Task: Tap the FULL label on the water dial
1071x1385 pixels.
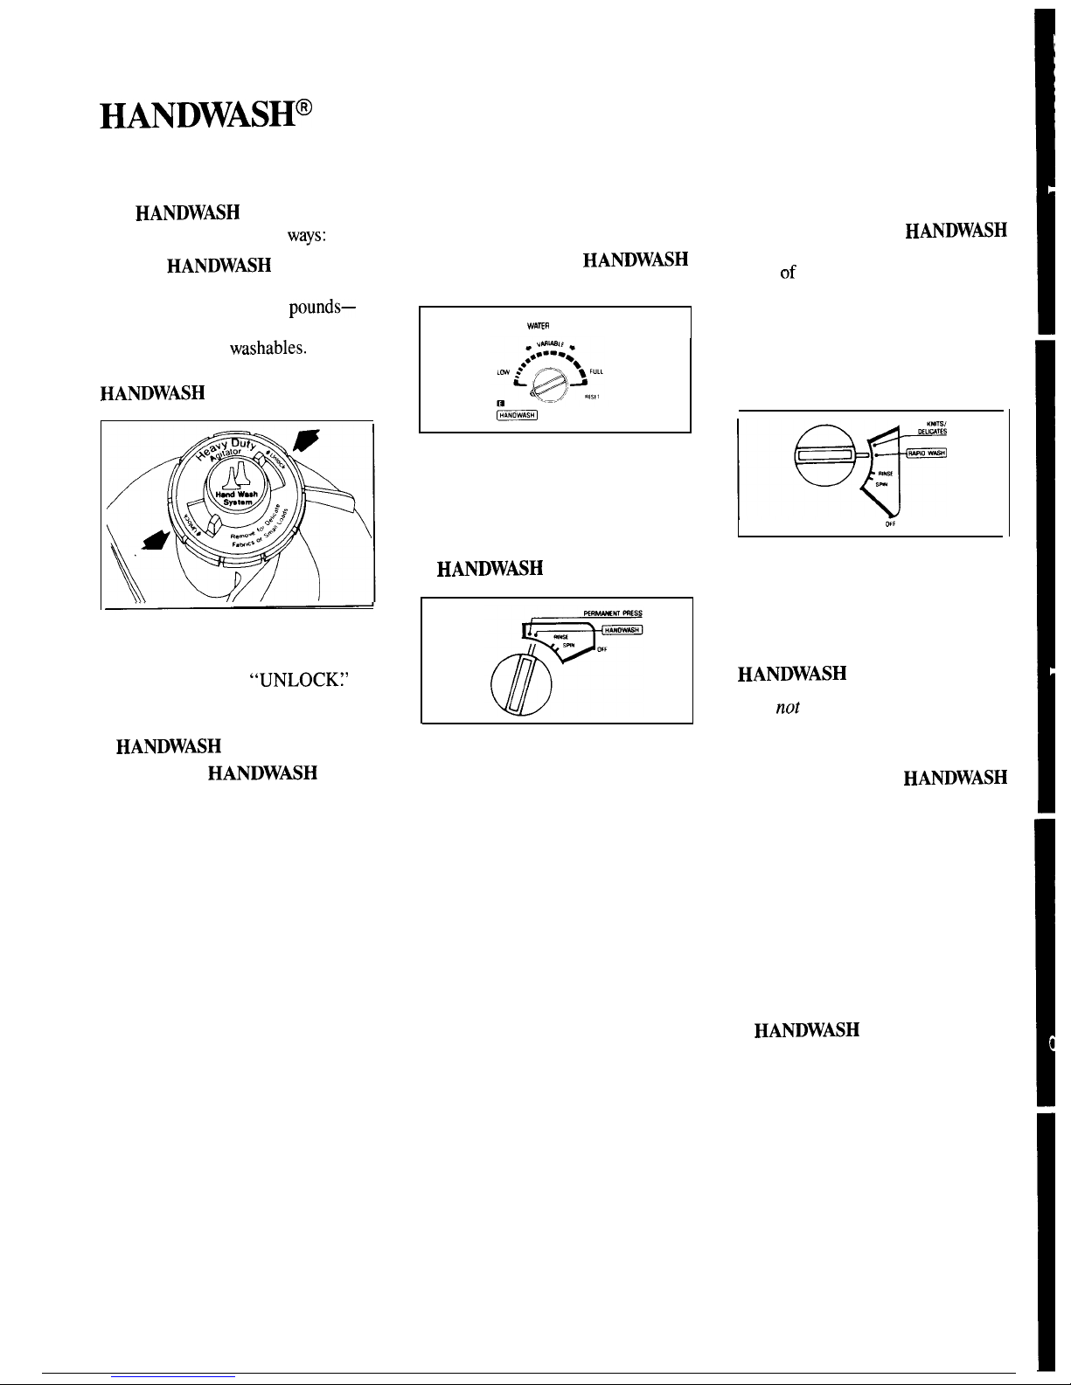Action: (x=598, y=371)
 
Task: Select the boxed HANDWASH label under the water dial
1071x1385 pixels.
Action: (x=516, y=415)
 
